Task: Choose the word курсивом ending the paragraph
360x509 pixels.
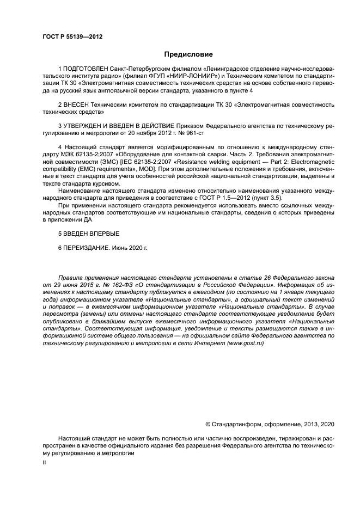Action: point(100,184)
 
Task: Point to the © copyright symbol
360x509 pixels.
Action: point(208,424)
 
